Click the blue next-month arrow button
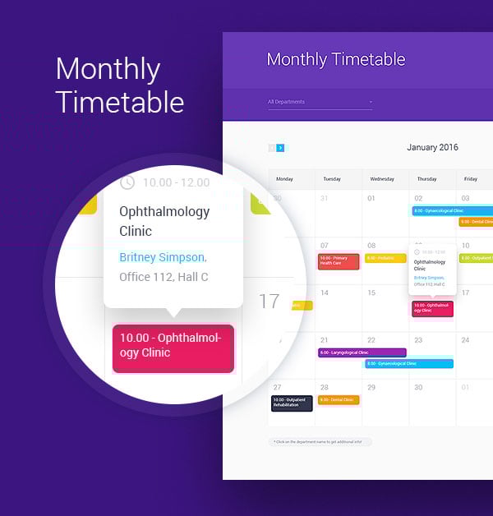tap(281, 148)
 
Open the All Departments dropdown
tap(320, 102)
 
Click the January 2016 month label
tap(432, 148)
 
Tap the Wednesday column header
tap(381, 178)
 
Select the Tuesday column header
tap(332, 178)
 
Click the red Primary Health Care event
tap(339, 262)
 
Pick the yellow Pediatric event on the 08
tap(385, 258)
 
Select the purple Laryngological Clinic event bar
tap(362, 352)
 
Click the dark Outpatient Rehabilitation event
tap(292, 403)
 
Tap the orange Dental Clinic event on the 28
tap(339, 400)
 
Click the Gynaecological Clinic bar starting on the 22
tap(408, 363)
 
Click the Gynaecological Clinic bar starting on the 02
tap(452, 210)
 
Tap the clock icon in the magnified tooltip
tap(127, 182)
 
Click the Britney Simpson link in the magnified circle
tap(162, 257)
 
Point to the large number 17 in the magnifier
tap(269, 302)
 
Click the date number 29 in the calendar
tap(371, 387)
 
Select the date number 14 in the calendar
tap(325, 293)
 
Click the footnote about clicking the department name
tap(320, 441)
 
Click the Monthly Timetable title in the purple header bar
tap(335, 59)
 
